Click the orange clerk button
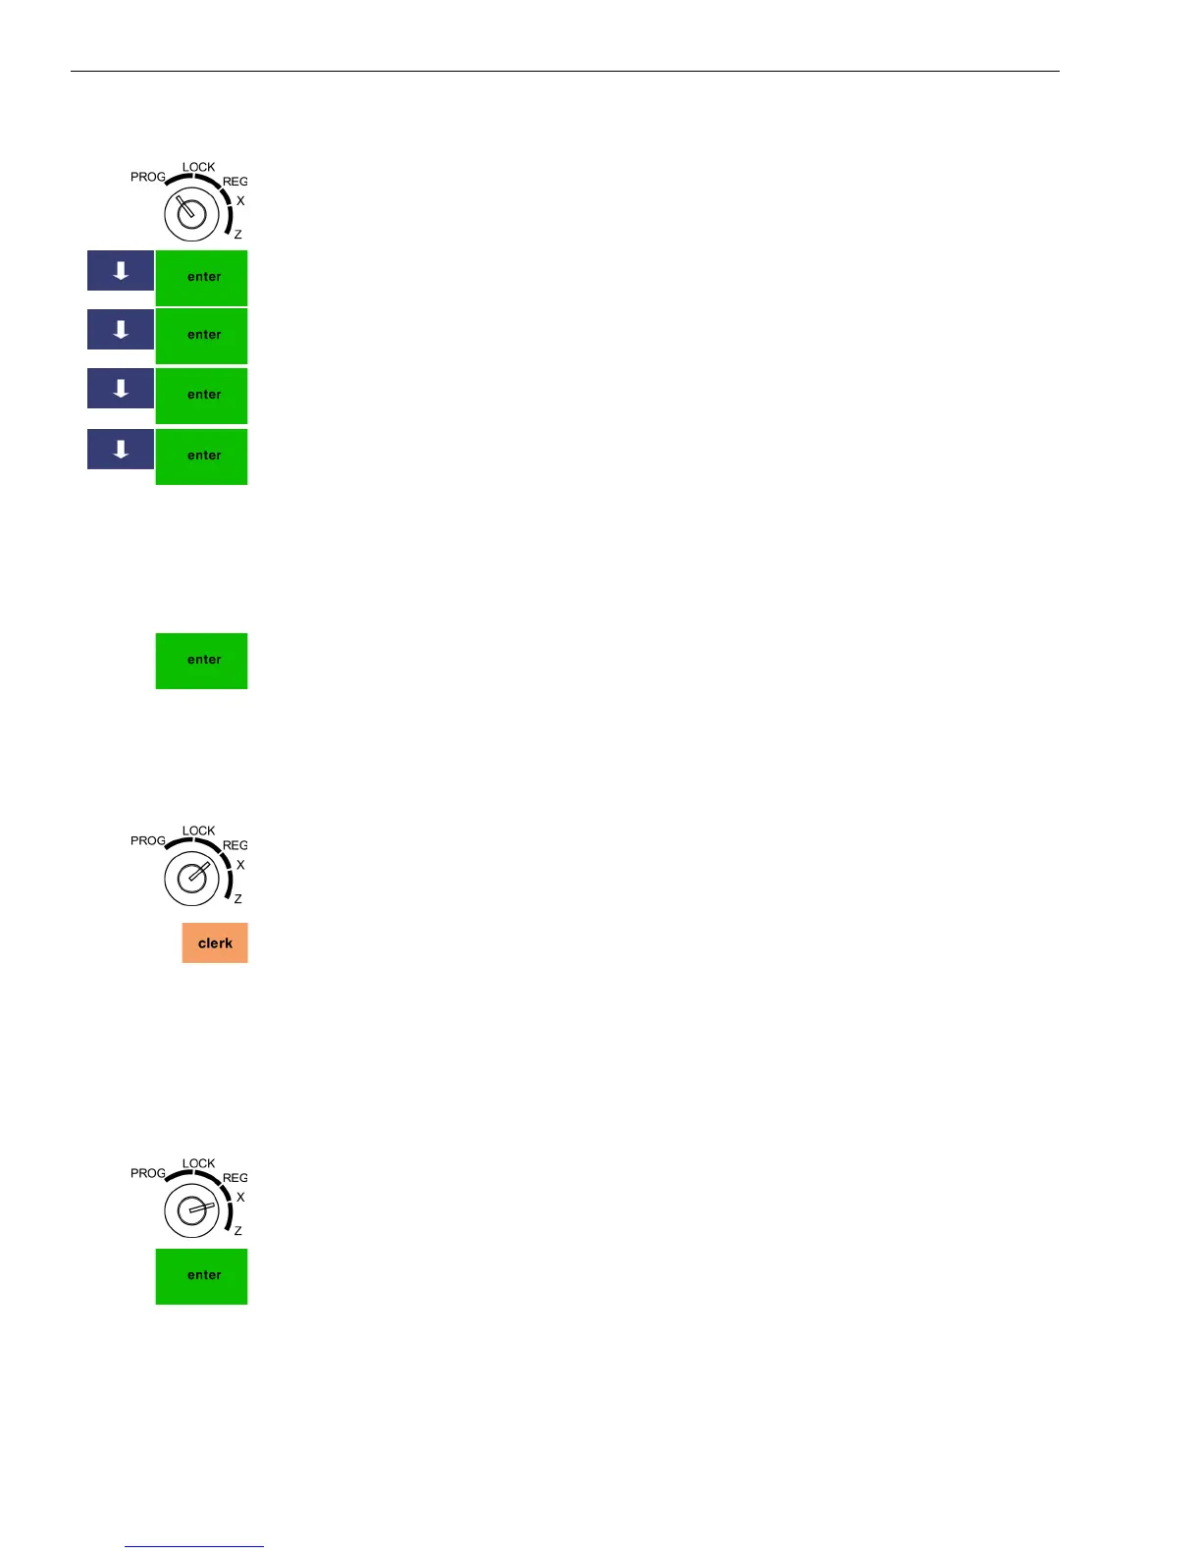(215, 942)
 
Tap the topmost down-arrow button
(121, 271)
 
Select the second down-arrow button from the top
(121, 330)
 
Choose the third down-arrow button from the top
(121, 389)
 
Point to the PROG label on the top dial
(148, 177)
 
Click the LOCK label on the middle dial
(198, 831)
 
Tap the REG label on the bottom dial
(235, 1178)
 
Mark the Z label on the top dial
(237, 235)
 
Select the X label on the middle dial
(240, 865)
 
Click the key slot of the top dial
(191, 213)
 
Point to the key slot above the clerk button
(192, 877)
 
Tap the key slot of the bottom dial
(192, 1209)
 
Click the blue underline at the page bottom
(194, 1546)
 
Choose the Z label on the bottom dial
(237, 1230)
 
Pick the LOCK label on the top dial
(198, 167)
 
